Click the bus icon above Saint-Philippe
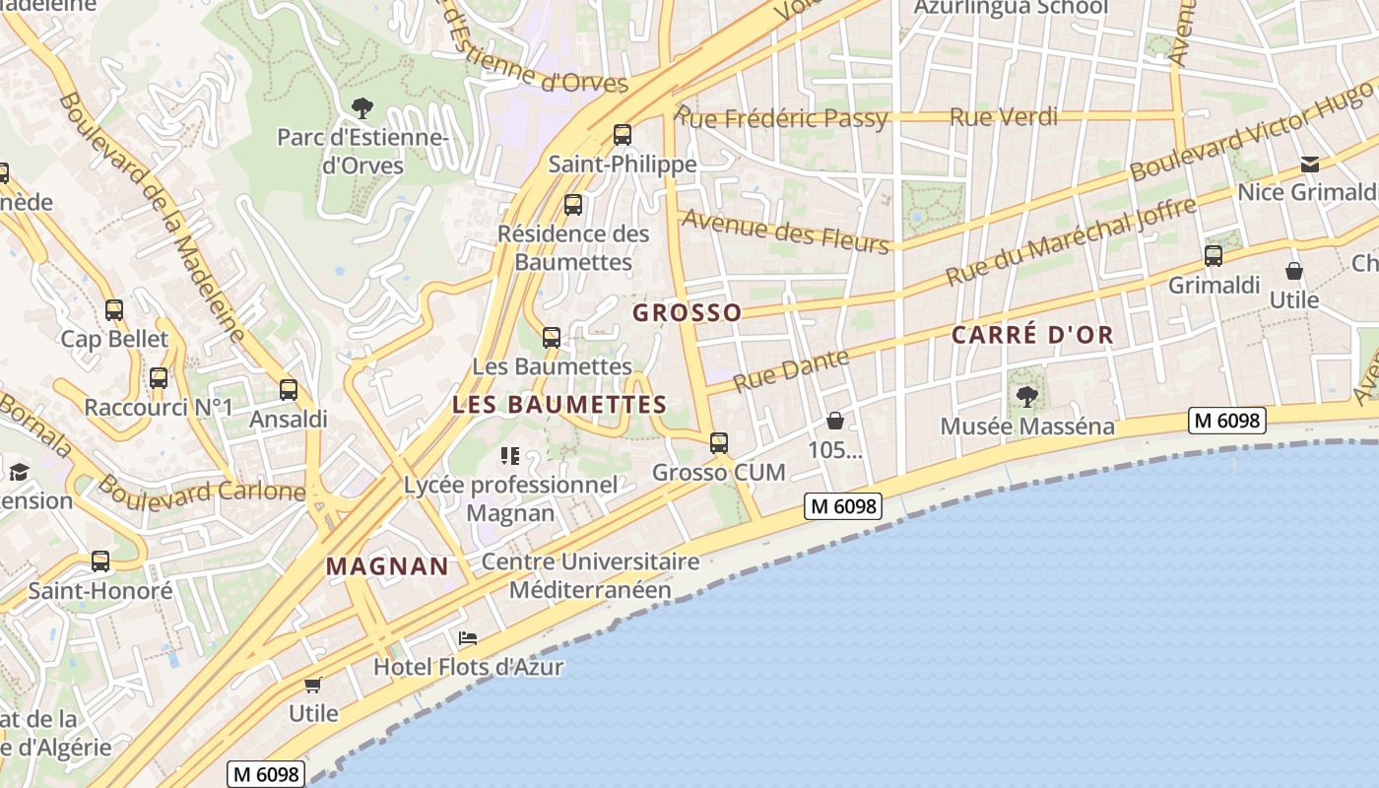(622, 135)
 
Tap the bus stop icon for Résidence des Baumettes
(572, 205)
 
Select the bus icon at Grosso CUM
(719, 443)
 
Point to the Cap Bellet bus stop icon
(114, 310)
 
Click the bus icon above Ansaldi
(288, 390)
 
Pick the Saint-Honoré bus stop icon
(100, 561)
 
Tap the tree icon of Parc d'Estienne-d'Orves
(362, 107)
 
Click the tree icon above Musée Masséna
(1027, 397)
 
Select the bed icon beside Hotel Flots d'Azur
(468, 638)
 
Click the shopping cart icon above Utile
(313, 685)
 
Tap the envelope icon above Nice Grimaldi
(1309, 164)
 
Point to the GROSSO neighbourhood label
(687, 313)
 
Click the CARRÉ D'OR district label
(1032, 335)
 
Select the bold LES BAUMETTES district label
(559, 405)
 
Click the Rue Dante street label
(791, 369)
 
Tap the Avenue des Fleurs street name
(785, 231)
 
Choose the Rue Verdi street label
(1003, 117)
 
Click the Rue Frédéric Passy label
(782, 119)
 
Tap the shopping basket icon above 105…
(835, 422)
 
